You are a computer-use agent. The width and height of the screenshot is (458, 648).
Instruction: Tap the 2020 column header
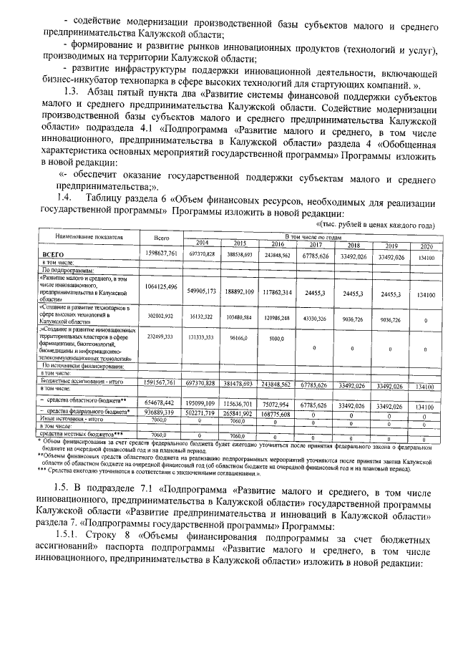[x=425, y=246]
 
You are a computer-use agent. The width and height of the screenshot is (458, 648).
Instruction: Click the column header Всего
[x=161, y=237]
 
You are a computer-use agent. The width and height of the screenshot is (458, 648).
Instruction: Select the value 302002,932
[x=161, y=316]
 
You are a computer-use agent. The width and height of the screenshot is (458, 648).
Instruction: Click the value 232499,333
[x=161, y=337]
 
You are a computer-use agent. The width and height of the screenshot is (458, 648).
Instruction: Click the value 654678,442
[x=161, y=404]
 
